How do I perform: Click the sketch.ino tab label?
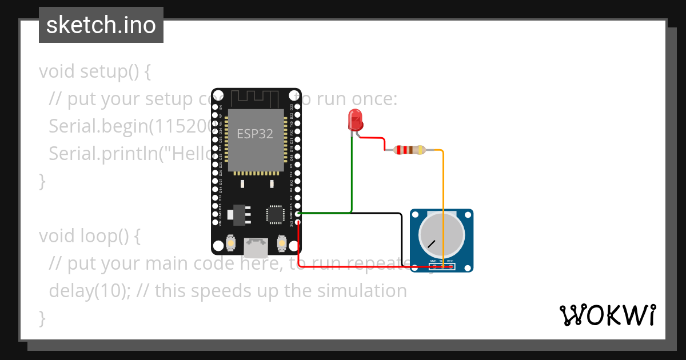[x=101, y=26]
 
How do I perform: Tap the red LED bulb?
[x=355, y=121]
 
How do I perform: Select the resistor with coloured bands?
[x=411, y=150]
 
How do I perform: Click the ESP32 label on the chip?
[x=255, y=134]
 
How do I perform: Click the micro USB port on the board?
[x=256, y=247]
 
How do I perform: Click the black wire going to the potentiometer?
[x=401, y=234]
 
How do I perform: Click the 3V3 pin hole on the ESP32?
[x=297, y=222]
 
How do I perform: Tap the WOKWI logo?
[x=607, y=315]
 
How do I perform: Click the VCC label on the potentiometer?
[x=450, y=261]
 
